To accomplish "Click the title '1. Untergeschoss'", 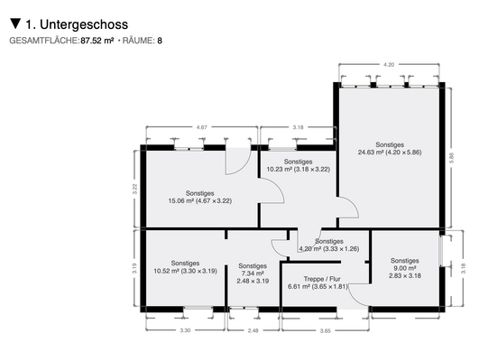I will click(77, 23).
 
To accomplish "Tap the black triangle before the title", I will click(14, 23).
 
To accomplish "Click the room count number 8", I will click(160, 41).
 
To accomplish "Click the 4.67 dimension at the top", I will click(203, 128).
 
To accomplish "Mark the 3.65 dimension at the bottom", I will click(326, 331).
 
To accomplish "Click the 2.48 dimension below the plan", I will click(253, 331).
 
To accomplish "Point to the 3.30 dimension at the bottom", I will click(185, 331).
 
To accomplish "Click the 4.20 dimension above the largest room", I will click(389, 65).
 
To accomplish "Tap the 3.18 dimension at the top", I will click(298, 128).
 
